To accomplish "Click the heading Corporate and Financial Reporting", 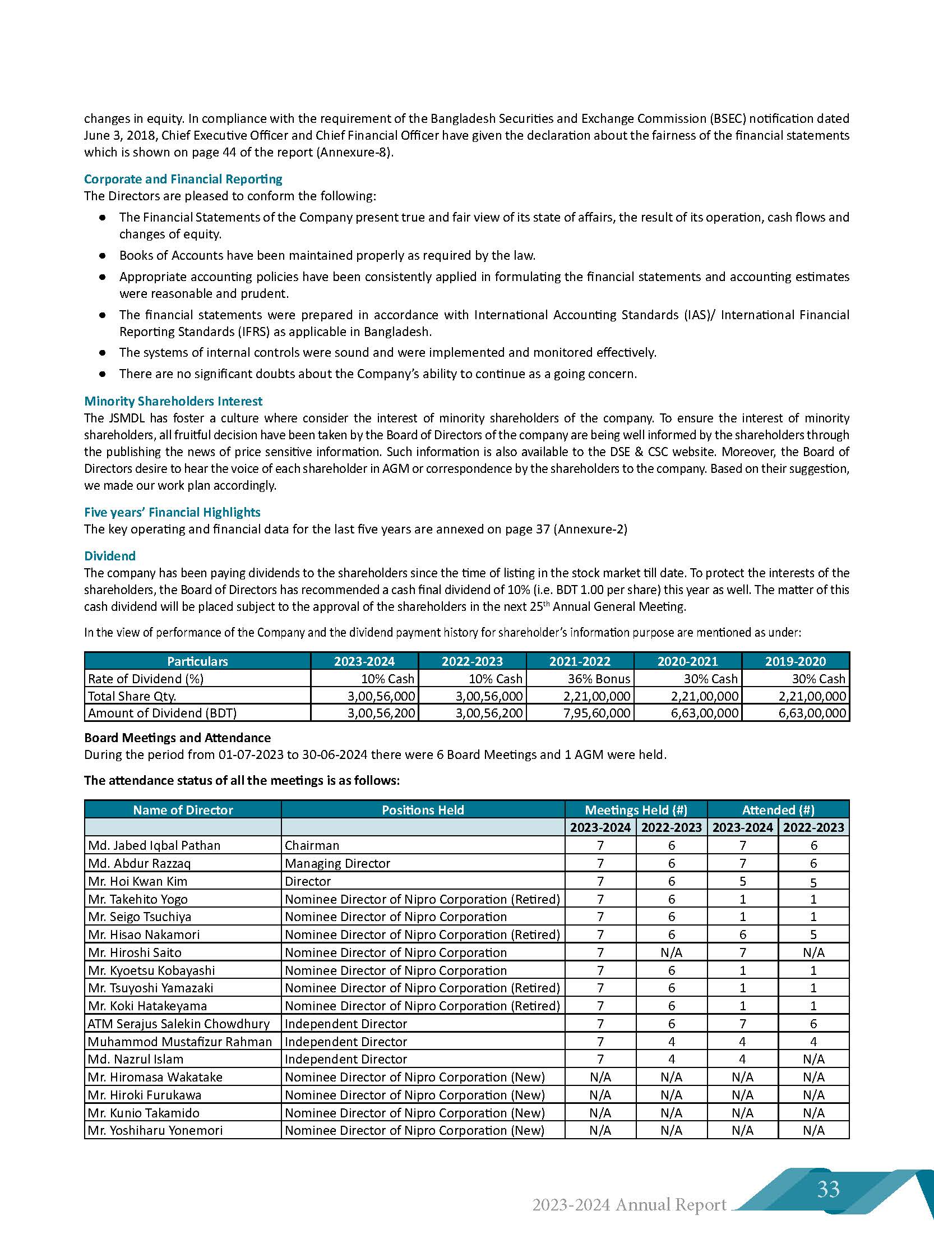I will [183, 179].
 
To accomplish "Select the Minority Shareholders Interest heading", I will [173, 401].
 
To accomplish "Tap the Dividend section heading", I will [110, 555].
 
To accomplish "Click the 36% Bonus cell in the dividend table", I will [599, 678].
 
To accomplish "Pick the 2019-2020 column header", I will [795, 661].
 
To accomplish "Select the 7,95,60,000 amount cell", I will [597, 713].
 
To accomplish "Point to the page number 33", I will [827, 1189].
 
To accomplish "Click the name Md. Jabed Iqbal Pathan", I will [154, 845].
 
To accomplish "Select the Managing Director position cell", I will [337, 863].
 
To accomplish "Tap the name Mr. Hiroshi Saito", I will [135, 952].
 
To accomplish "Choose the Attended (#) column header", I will [778, 809].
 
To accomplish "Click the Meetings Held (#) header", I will [636, 809].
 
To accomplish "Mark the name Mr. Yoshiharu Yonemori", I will [155, 1130].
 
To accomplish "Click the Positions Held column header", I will [422, 809].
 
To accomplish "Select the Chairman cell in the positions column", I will [312, 845].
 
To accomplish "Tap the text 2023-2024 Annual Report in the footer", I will [628, 1204].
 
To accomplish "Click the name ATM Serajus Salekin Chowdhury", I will [178, 1024].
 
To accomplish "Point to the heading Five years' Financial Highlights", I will [172, 512].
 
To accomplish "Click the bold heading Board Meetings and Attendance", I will [177, 738].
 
